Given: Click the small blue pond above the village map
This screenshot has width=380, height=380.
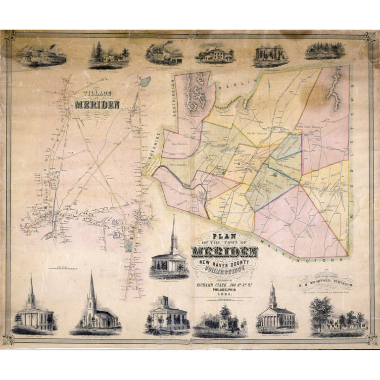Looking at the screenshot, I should tap(144, 83).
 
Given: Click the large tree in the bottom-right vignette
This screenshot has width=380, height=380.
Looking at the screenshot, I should tap(322, 309).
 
